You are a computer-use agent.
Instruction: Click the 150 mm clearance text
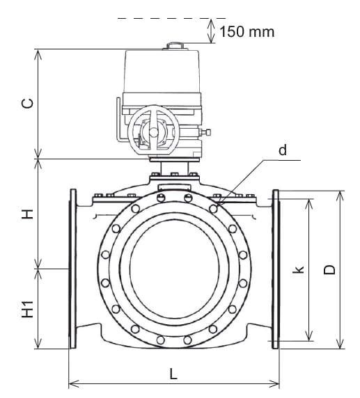coord(247,32)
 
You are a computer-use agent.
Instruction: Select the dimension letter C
coord(28,104)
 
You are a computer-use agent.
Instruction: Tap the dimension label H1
coord(27,309)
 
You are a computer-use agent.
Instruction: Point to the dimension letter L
coord(173,374)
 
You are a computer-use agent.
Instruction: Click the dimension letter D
coord(329,269)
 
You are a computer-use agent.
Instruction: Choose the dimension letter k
coord(299,269)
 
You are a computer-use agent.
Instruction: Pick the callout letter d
coord(283,150)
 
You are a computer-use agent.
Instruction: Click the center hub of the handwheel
coord(153,132)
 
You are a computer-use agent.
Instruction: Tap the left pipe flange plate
coord(73,269)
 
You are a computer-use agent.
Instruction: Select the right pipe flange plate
coord(276,269)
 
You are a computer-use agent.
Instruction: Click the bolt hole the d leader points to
coord(213,209)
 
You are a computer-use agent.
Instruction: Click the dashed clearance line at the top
coord(171,18)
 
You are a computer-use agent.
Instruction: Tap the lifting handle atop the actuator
coord(175,45)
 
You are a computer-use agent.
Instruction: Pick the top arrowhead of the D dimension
coord(340,196)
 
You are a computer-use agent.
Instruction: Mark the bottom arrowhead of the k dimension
coord(309,336)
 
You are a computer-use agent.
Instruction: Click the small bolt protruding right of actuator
coord(205,132)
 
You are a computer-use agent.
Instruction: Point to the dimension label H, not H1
coord(27,214)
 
